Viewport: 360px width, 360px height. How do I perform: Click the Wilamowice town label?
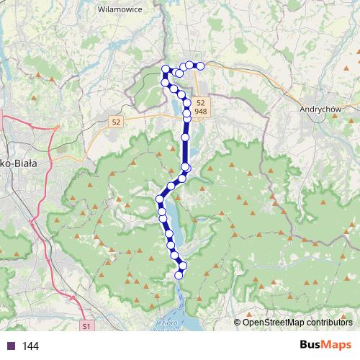pos(120,10)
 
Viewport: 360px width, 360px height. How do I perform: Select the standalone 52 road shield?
pos(116,122)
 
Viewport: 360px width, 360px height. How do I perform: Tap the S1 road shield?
pos(87,327)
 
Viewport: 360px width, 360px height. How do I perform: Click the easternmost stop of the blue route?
pos(201,66)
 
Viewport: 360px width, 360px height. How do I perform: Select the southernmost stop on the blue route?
pos(179,275)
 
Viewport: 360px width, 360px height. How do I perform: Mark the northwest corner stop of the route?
pos(166,69)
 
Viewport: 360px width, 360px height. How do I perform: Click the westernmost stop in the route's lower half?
pos(160,199)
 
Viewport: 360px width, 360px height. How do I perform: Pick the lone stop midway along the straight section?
pos(185,136)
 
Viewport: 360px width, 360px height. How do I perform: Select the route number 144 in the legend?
pos(30,346)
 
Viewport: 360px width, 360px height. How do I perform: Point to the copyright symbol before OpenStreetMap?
pos(238,323)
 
